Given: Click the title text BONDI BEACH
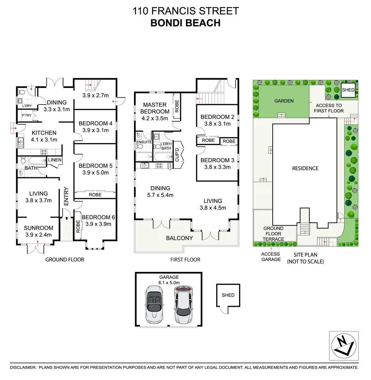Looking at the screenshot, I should tap(185, 23).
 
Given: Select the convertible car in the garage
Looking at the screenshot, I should tap(154, 304).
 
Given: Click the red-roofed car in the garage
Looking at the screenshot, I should tap(183, 304).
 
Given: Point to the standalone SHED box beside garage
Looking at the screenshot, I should tap(228, 295).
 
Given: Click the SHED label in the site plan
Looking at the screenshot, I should tap(348, 90).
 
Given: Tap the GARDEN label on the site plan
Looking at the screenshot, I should tap(284, 101).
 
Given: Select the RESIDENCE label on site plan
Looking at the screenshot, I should tap(305, 168).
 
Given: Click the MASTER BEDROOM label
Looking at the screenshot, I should tap(155, 108).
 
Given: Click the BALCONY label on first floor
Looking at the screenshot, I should tap(180, 238).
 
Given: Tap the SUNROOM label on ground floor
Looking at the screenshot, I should tap(38, 228).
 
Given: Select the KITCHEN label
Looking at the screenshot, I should tap(44, 133).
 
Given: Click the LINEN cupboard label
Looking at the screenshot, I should tap(55, 160).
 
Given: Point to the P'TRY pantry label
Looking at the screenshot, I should tap(26, 115).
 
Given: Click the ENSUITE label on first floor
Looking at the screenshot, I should tap(144, 142).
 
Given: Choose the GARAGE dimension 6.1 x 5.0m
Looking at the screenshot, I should tap(169, 283).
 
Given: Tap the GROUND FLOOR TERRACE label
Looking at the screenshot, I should tap(273, 234).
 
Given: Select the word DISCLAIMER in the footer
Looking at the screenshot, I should tap(23, 367).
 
